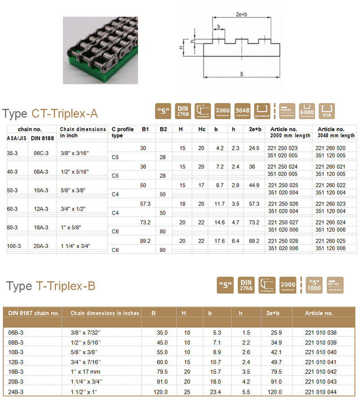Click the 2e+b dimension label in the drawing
pyautogui.click(x=242, y=14)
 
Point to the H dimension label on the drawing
pyautogui.click(x=181, y=47)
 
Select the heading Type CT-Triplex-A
pyautogui.click(x=50, y=113)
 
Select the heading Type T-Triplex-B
pyautogui.click(x=51, y=286)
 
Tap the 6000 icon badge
pyautogui.click(x=306, y=111)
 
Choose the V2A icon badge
pyautogui.click(x=327, y=111)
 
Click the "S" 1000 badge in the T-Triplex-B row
pyautogui.click(x=315, y=284)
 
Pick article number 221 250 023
pyautogui.click(x=283, y=148)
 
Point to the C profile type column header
pyautogui.click(x=122, y=132)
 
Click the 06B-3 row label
pyautogui.click(x=17, y=333)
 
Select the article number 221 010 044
pyautogui.click(x=320, y=392)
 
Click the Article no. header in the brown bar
pyautogui.click(x=319, y=313)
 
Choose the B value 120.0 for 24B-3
pyautogui.click(x=160, y=392)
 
